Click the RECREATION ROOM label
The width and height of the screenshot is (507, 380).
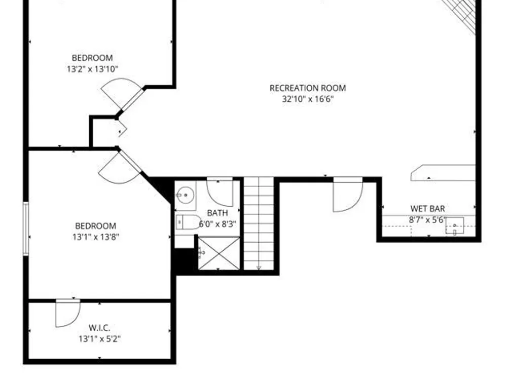point(308,88)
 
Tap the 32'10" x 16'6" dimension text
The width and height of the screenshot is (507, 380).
point(308,99)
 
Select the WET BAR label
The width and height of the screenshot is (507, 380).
point(427,208)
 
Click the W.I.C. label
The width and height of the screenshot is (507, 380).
point(99,328)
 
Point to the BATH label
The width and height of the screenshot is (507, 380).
point(218,213)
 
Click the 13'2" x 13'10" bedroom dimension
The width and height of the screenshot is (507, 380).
point(92,69)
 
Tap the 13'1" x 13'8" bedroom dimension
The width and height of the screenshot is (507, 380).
point(96,237)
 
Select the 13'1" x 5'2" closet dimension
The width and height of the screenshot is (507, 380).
point(99,339)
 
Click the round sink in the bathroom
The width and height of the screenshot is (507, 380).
point(185,195)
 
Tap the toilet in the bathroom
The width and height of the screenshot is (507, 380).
point(188,222)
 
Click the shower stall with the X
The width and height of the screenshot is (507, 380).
point(219,253)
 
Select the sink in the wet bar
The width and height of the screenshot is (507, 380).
point(455,226)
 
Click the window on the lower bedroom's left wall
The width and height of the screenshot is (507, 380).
point(26,229)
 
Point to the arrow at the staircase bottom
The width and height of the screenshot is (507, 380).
point(259,268)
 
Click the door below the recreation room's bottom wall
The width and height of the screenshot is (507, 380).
point(348,195)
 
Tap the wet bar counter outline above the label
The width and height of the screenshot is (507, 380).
point(443,173)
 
